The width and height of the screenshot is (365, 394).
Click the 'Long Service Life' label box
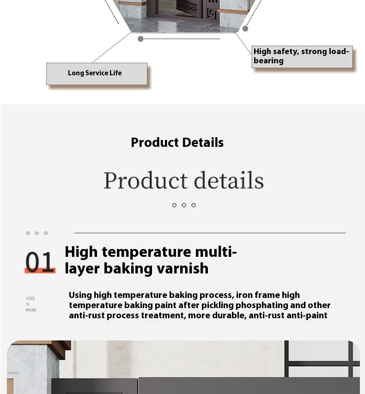97,74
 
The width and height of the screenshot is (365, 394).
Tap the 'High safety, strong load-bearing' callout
302,57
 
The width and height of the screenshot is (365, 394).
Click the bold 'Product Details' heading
177,142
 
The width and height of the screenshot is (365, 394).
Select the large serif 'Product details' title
184,180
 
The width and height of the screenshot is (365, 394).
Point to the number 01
40,261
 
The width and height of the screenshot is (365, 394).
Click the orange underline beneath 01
40,271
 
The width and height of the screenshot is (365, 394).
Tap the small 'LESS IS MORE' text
31,304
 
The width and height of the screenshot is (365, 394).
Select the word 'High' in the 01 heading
81,252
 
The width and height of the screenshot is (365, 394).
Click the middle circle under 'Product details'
184,205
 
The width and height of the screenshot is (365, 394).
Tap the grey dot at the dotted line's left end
141,39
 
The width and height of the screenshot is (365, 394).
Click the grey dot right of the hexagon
245,29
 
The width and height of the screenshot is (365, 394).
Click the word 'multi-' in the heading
216,252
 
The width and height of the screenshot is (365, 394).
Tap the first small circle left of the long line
28,233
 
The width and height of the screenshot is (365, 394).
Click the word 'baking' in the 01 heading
128,269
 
